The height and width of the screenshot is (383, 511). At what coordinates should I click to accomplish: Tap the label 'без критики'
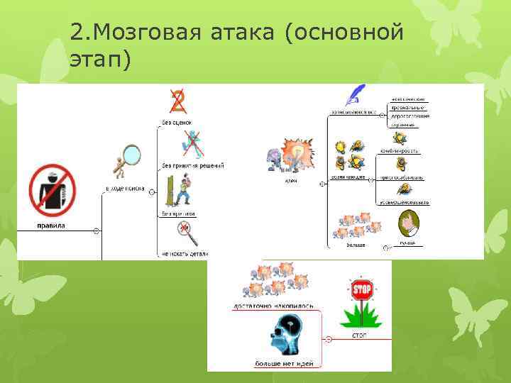pyautogui.click(x=178, y=213)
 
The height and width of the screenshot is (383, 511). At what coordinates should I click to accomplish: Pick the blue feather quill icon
pyautogui.click(x=354, y=94)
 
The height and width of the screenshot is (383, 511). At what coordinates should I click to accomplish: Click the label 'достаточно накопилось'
pyautogui.click(x=273, y=306)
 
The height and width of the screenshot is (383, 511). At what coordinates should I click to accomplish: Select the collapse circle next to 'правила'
pyautogui.click(x=97, y=231)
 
